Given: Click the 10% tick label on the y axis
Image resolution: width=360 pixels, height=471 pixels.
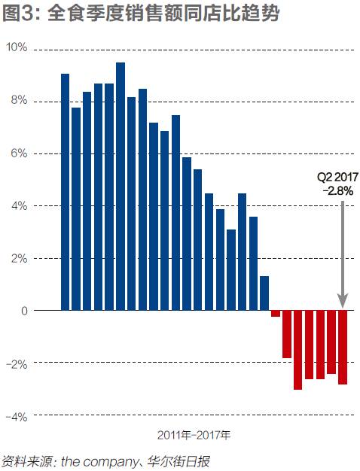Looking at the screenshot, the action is pyautogui.click(x=17, y=47).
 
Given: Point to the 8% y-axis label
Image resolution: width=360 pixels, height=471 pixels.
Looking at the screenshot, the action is pyautogui.click(x=19, y=100).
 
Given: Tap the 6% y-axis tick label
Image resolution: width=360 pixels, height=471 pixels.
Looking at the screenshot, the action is pyautogui.click(x=19, y=153).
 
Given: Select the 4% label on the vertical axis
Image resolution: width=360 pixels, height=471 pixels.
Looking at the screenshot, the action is pyautogui.click(x=19, y=205).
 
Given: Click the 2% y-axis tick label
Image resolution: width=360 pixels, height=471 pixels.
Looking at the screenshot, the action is pyautogui.click(x=19, y=258).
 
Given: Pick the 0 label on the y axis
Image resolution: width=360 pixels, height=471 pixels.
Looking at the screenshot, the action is pyautogui.click(x=24, y=311).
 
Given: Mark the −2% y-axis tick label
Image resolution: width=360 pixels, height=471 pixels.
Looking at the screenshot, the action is pyautogui.click(x=17, y=365).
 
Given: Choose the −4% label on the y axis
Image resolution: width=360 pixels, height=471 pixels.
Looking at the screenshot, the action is pyautogui.click(x=17, y=417).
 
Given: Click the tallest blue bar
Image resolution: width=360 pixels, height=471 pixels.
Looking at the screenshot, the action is pyautogui.click(x=121, y=187).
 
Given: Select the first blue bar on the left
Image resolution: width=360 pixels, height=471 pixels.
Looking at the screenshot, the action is pyautogui.click(x=65, y=192).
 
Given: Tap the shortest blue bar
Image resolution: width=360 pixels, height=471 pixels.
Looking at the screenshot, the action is pyautogui.click(x=264, y=293).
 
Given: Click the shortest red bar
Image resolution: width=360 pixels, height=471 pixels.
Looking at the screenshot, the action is pyautogui.click(x=276, y=313).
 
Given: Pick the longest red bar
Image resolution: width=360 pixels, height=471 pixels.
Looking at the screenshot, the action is pyautogui.click(x=297, y=350).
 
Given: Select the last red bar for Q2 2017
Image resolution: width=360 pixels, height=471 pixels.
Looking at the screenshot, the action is pyautogui.click(x=343, y=348).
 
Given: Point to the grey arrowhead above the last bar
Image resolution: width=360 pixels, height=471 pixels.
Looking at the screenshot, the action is pyautogui.click(x=343, y=301).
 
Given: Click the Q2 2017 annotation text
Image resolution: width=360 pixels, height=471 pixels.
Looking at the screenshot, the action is pyautogui.click(x=337, y=177).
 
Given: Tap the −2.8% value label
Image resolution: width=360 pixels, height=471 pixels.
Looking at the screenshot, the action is pyautogui.click(x=338, y=191).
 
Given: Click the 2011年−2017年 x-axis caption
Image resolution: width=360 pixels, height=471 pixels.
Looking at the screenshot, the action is pyautogui.click(x=194, y=435).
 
